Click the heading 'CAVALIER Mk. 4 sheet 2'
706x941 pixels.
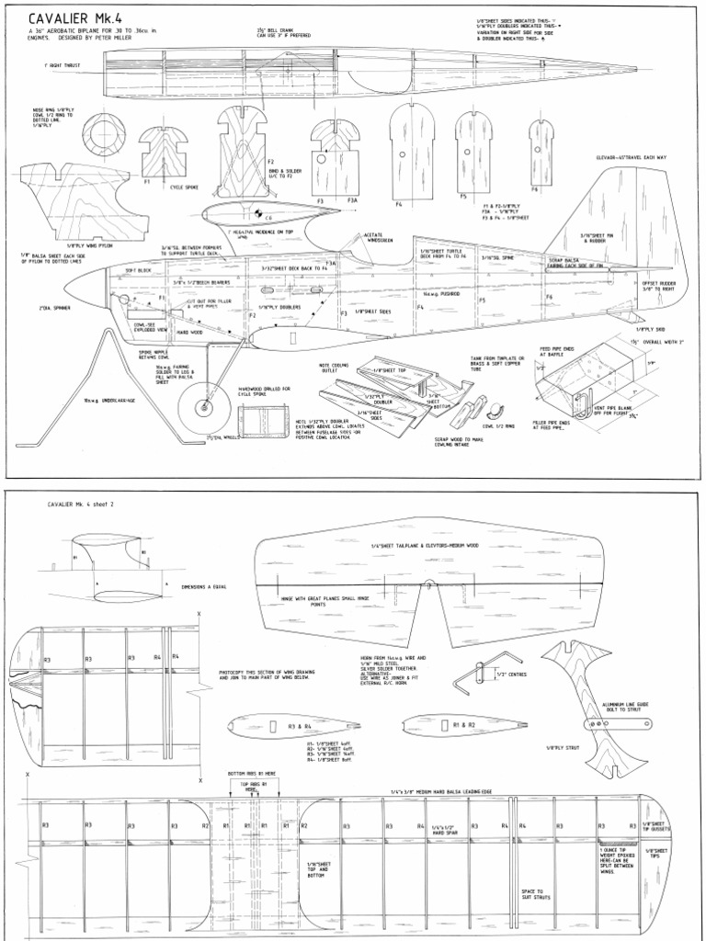[x=84, y=505]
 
